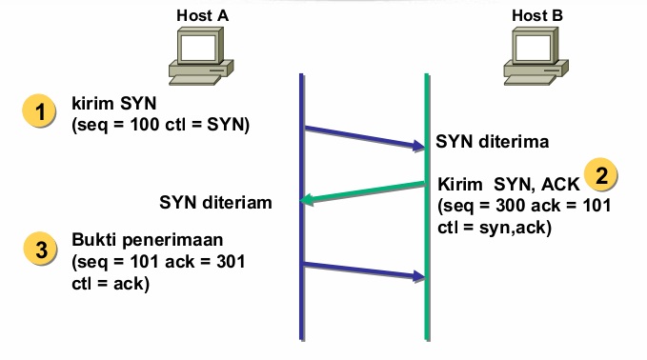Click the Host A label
[x=203, y=15]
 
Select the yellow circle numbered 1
[x=39, y=112]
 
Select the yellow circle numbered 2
[x=601, y=175]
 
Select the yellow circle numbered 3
[x=39, y=250]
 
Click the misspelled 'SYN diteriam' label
[x=215, y=202]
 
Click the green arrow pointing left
[x=362, y=191]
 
